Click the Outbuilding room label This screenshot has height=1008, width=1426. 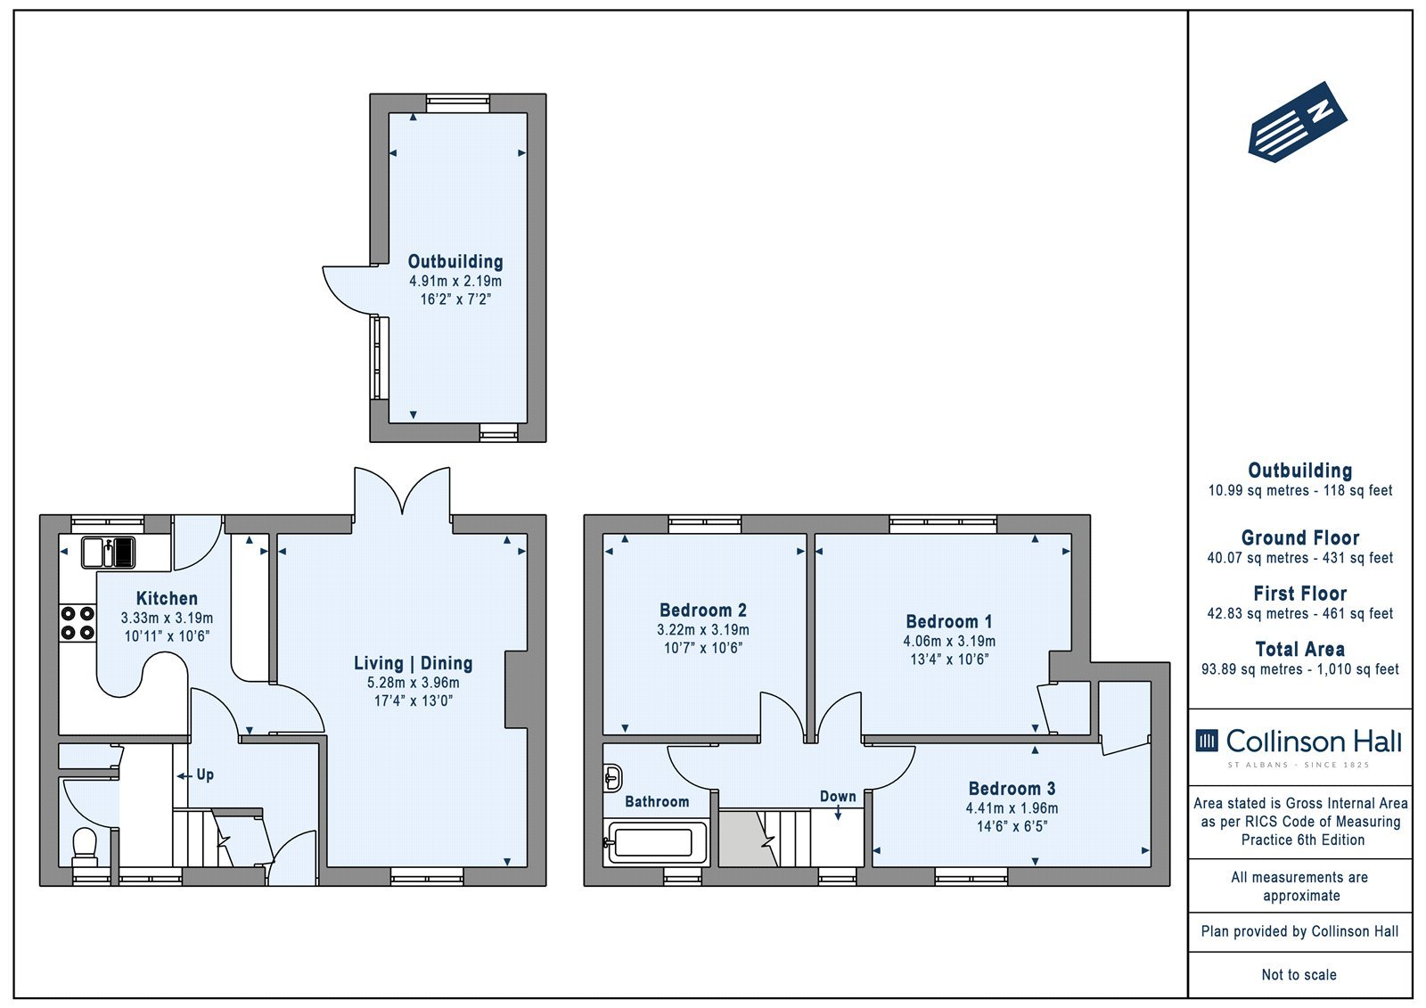coord(455,262)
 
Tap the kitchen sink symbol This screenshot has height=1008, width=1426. coord(108,552)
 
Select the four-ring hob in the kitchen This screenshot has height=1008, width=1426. coord(78,623)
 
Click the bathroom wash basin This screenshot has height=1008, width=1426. coord(612,777)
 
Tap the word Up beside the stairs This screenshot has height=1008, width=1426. coord(205,775)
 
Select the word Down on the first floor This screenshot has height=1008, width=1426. coord(838,797)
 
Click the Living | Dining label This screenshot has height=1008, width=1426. coord(414,663)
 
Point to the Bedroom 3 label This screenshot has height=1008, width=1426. coord(1012,789)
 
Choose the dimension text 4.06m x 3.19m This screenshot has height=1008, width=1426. coord(948,641)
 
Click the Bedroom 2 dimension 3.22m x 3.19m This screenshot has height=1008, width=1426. coord(703,630)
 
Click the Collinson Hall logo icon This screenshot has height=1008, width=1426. coord(1207,741)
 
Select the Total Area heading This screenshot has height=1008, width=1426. coord(1300,650)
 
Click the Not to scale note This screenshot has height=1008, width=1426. coord(1299,975)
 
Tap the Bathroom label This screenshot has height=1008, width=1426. coord(657,802)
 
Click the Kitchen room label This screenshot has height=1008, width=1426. coord(167,599)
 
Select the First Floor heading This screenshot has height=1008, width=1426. coord(1300,594)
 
